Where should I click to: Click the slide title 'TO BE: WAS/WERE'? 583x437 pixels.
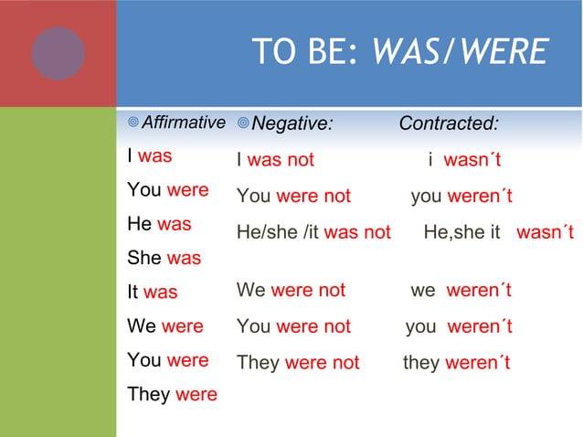pos(399,53)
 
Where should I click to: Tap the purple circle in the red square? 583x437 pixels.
pos(58,53)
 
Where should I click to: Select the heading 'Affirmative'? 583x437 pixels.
pos(184,123)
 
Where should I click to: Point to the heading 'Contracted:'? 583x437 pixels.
pos(449,123)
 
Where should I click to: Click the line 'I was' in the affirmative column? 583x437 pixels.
pos(150,156)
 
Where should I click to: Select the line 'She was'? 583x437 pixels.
pos(164,258)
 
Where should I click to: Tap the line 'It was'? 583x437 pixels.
pos(153,293)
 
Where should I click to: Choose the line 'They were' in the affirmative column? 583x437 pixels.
pos(173,395)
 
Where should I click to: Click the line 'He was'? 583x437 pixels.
pos(160,224)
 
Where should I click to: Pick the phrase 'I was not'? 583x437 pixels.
pos(275,160)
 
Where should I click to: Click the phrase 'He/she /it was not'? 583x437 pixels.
pos(313,232)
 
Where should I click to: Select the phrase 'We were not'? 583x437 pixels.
pos(291,291)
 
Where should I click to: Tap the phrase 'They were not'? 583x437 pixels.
pos(298,363)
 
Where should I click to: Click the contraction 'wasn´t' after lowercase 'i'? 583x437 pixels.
pos(472,161)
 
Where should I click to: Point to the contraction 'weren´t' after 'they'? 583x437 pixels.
pos(478,363)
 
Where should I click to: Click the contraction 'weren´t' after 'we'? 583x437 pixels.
pos(479,291)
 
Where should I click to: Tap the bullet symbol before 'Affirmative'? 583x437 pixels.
pos(133,123)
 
